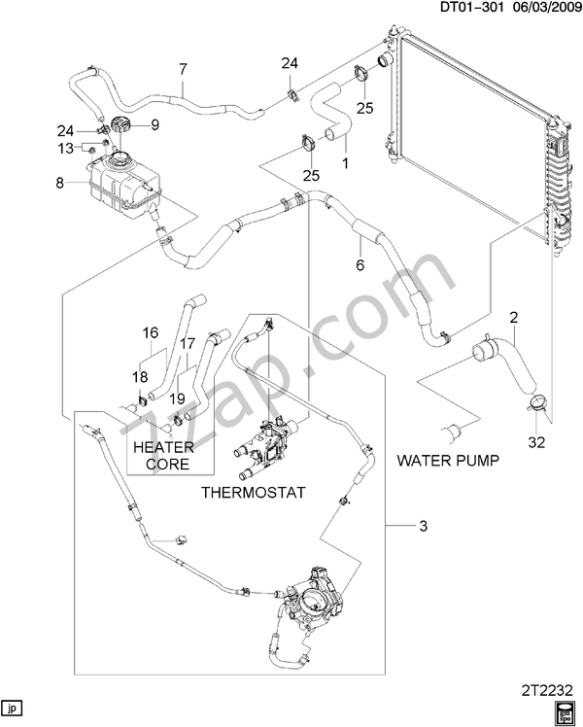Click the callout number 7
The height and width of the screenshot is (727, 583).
click(x=182, y=68)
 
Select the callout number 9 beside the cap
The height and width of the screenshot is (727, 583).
click(x=154, y=124)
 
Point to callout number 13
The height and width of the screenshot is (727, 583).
click(x=65, y=148)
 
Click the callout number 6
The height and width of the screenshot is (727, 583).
click(x=359, y=265)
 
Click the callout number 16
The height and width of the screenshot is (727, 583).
click(x=151, y=332)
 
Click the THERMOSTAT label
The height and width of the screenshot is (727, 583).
click(x=253, y=493)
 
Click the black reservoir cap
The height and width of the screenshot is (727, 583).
click(x=121, y=127)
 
